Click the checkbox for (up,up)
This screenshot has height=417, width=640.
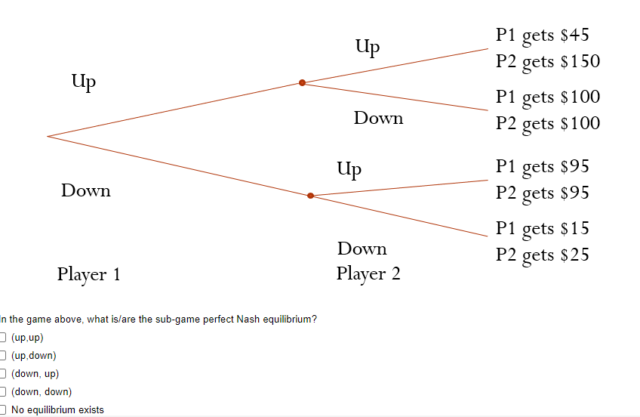(x=3, y=338)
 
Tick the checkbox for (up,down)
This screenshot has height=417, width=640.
(x=3, y=356)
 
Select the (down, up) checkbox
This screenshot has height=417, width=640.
(x=3, y=374)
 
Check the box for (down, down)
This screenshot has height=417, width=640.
(x=3, y=392)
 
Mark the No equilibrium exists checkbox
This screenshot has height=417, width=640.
(x=3, y=410)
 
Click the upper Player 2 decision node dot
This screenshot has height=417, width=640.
(x=302, y=82)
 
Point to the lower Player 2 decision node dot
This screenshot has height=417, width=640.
(x=310, y=196)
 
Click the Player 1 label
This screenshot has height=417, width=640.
(x=88, y=274)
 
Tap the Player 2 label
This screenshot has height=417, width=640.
(x=368, y=273)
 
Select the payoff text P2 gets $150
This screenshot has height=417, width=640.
(x=547, y=62)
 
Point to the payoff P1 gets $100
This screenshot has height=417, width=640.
(x=547, y=97)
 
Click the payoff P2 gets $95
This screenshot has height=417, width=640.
(x=542, y=193)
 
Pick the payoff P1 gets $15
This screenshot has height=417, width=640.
(x=542, y=228)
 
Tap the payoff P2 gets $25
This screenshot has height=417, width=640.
(x=542, y=255)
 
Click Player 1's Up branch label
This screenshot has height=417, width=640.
(x=83, y=82)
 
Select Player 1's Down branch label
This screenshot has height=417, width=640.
(x=86, y=190)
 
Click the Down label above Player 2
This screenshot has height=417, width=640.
(x=362, y=249)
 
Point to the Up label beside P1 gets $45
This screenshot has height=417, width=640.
(x=367, y=48)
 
